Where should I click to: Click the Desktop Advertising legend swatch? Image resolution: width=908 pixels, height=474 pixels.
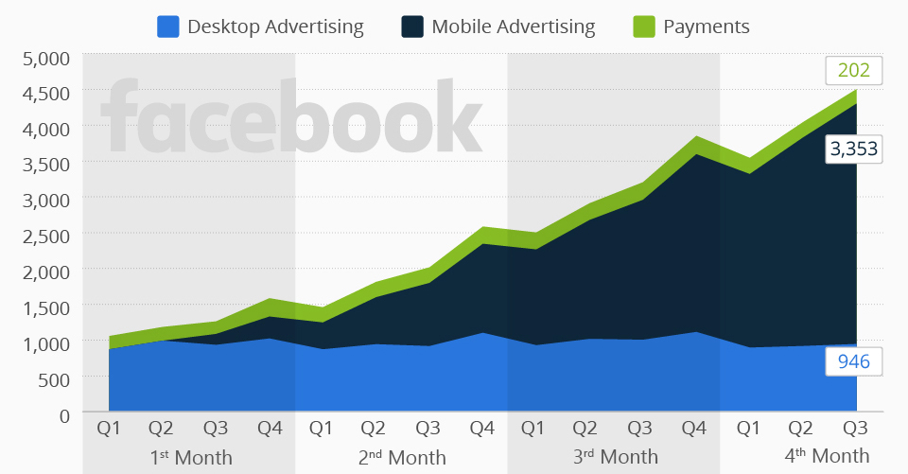168,26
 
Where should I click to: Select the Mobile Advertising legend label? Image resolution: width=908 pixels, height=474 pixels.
513,26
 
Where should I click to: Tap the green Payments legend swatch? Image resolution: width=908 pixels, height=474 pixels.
643,26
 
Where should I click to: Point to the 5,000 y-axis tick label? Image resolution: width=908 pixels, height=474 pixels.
45,59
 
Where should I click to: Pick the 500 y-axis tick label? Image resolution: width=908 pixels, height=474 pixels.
53,378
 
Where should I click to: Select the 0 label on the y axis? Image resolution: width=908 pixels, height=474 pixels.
63,414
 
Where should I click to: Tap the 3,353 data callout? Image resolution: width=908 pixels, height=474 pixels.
854,149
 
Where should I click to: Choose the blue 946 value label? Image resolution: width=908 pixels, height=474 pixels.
854,360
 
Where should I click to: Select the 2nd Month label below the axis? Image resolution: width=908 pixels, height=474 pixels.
402,457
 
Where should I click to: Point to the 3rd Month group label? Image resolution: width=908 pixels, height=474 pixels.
615,457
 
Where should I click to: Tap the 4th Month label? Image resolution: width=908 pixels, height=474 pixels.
828,455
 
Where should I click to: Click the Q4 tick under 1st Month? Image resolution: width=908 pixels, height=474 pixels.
270,429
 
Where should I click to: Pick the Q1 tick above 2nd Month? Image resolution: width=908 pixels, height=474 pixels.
323,429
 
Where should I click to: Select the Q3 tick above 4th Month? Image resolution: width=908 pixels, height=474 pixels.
855,429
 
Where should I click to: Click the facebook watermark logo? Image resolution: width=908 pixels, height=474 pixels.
290,118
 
